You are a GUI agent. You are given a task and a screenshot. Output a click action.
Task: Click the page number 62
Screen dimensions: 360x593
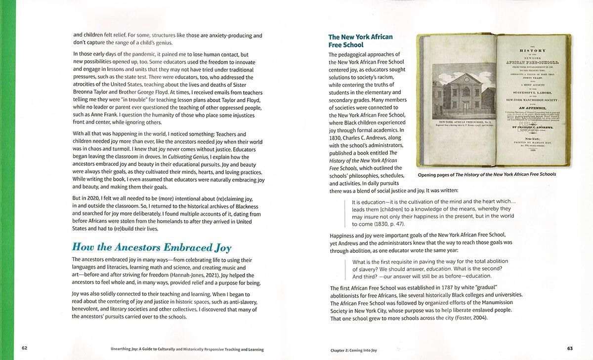[x=24, y=348]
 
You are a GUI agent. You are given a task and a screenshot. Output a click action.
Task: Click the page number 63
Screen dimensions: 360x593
[x=570, y=348]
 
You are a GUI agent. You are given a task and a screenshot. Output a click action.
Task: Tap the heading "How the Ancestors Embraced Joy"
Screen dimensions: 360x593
[x=152, y=247]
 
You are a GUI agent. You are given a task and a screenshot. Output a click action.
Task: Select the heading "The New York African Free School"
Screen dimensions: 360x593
[x=360, y=40]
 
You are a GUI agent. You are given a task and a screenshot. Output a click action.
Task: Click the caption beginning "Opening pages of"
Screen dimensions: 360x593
[x=487, y=174]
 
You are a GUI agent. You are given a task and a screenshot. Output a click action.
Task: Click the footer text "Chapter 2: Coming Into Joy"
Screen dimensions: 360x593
[x=353, y=350]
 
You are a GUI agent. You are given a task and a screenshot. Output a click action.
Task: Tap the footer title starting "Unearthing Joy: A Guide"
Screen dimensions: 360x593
[x=187, y=350]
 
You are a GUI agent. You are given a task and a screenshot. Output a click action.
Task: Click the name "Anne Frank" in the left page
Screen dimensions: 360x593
[x=103, y=115]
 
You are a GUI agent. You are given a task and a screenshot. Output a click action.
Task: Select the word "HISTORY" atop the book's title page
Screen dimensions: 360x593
[x=532, y=50]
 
